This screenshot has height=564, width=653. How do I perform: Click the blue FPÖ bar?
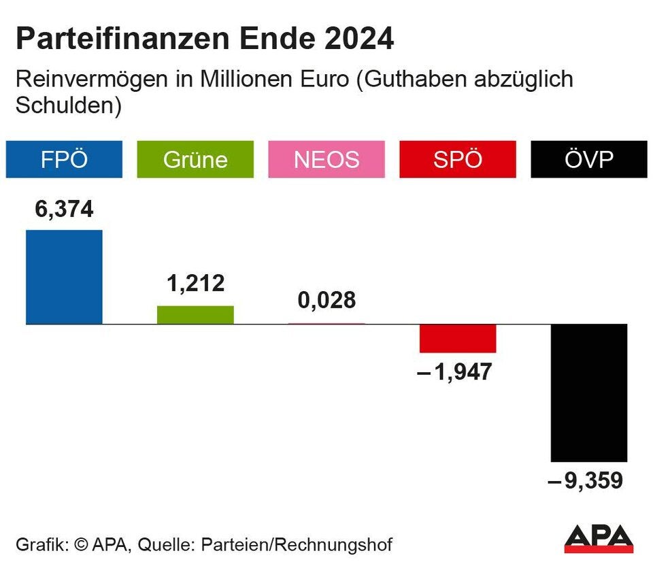pos(64,277)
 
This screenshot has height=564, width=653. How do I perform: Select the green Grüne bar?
pos(195,315)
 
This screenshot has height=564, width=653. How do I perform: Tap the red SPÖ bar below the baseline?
pos(458,338)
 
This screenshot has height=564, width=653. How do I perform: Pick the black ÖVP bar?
pos(588,393)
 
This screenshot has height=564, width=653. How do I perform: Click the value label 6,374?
pos(64,210)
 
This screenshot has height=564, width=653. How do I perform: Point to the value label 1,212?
pos(195,283)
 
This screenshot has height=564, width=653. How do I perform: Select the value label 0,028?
pos(326,300)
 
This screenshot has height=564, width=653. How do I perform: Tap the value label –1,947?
pos(454,372)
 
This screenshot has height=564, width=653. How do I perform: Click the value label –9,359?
pos(586,482)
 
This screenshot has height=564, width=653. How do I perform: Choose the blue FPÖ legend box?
pos(64,159)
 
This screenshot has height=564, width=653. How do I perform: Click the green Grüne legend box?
pos(195,159)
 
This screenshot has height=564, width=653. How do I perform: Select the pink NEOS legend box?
pos(326,159)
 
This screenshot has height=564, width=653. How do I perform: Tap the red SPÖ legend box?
pos(458,159)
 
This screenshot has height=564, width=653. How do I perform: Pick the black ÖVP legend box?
pos(588,159)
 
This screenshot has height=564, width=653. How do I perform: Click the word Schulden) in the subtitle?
pos(68,106)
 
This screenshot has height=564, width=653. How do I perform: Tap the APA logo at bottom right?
pos(599,537)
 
